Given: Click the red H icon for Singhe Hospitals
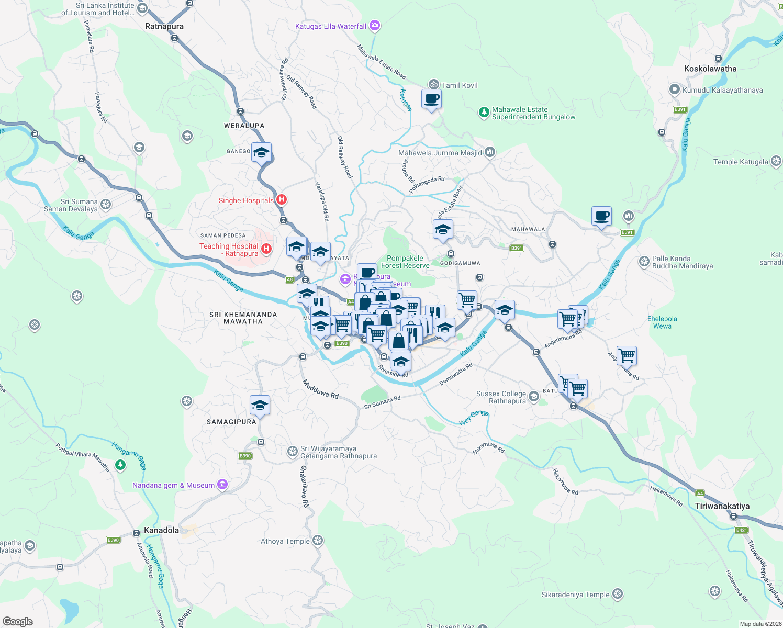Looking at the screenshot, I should [x=282, y=200].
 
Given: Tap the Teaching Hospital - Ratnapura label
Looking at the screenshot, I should [x=229, y=250].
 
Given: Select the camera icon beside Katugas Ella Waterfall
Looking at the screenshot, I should [x=374, y=25].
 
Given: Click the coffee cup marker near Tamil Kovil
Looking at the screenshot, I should [x=431, y=99].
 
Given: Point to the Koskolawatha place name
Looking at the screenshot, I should [x=710, y=69].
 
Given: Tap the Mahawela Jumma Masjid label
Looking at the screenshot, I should [x=440, y=153].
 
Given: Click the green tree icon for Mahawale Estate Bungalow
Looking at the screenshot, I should [x=484, y=113].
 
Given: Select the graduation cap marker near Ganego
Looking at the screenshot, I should [x=261, y=153].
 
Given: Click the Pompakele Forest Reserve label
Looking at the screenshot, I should [x=405, y=262].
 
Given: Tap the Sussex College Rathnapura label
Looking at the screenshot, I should [x=501, y=397].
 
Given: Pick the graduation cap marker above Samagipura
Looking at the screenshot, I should [x=260, y=405].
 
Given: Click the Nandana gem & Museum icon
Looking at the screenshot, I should [x=222, y=485].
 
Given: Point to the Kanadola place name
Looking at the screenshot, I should [x=161, y=530].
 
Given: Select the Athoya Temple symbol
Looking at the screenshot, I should [x=317, y=541].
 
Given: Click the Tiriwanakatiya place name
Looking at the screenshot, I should [x=722, y=506].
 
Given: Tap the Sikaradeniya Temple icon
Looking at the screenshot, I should [x=618, y=594].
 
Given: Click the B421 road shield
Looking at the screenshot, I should [x=741, y=530].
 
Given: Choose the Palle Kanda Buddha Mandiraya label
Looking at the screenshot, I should [x=682, y=262].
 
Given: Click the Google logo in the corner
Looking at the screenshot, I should [x=18, y=621].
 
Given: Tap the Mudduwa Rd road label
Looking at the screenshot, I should [x=320, y=389].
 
